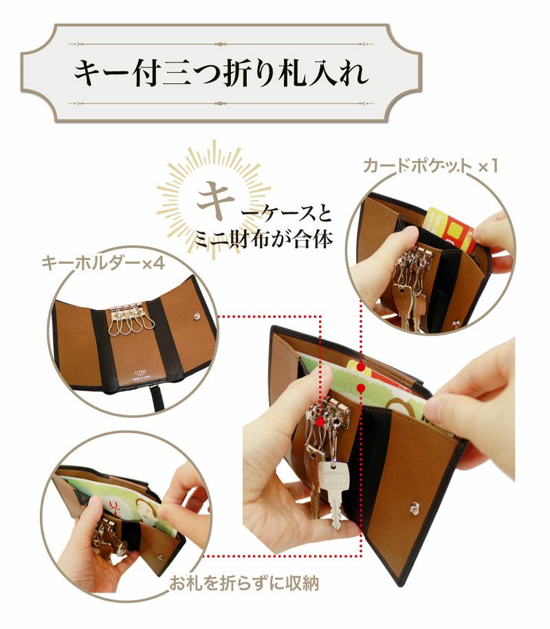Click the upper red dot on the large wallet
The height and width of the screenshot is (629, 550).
point(360,366)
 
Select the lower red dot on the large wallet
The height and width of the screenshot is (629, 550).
point(360,388)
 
